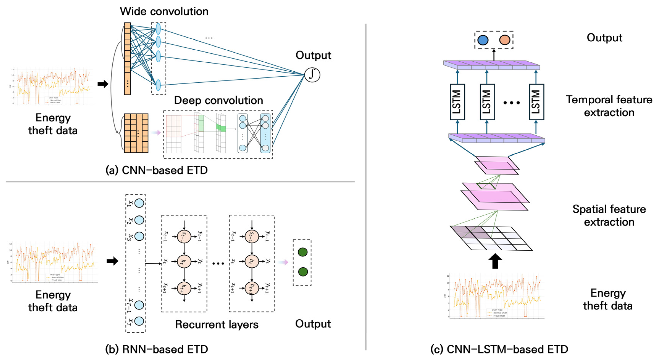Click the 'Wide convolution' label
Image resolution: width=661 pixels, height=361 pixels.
click(164, 12)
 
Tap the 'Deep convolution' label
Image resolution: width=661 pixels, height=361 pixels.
click(218, 100)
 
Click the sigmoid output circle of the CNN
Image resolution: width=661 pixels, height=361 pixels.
click(312, 75)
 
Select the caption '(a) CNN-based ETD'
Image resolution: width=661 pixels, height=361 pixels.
click(157, 170)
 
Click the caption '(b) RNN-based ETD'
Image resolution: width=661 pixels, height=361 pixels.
click(157, 349)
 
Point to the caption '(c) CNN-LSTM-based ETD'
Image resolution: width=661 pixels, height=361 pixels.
click(499, 349)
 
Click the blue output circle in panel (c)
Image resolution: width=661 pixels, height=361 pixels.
click(483, 40)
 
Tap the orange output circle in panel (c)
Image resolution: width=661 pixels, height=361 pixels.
click(505, 40)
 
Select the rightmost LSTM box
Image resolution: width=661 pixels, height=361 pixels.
click(536, 102)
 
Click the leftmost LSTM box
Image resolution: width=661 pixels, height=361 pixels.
click(457, 102)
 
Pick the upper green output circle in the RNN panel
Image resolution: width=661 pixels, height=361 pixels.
click(303, 252)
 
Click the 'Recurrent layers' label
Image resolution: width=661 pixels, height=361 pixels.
click(217, 324)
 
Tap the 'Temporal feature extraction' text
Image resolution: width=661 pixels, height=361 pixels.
click(609, 106)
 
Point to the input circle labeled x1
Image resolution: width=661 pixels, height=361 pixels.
click(139, 203)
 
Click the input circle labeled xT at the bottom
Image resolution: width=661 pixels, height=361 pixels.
click(139, 321)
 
